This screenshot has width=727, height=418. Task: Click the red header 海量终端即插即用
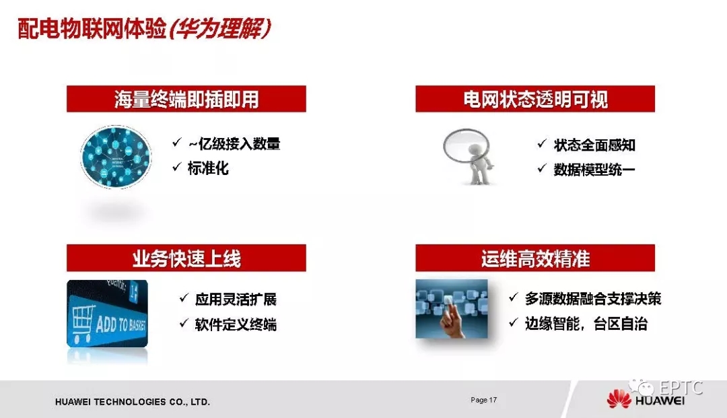click(186, 99)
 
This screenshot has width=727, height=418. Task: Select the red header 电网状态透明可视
click(535, 99)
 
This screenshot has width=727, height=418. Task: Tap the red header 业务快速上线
click(186, 258)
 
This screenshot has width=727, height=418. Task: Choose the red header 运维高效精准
click(535, 258)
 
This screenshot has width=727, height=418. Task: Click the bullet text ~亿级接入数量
click(234, 143)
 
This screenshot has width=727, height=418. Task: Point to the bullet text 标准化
click(208, 168)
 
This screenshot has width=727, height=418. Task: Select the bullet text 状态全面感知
click(594, 145)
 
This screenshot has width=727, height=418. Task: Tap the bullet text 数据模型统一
click(594, 170)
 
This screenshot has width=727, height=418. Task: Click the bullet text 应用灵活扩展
click(236, 300)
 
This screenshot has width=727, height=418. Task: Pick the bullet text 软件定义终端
click(236, 324)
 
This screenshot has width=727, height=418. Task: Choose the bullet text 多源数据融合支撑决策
click(593, 299)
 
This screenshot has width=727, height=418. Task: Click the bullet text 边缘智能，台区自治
click(586, 324)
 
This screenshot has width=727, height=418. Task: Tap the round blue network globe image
click(116, 157)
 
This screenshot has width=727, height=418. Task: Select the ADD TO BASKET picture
click(107, 313)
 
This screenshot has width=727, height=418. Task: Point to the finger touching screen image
click(452, 309)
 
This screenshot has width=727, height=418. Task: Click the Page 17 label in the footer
click(483, 400)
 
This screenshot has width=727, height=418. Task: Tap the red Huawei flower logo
click(619, 399)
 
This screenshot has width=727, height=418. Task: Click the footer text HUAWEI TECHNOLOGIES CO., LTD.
click(133, 402)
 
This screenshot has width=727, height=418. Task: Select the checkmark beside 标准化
click(176, 166)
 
